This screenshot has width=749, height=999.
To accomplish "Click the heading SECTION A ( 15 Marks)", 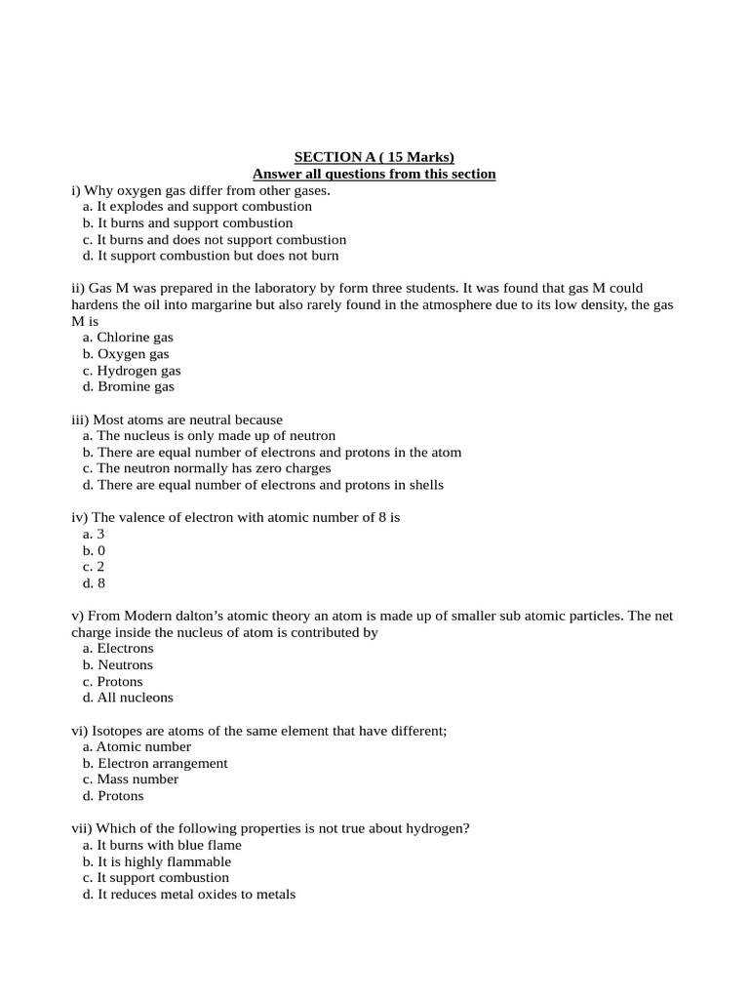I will pyautogui.click(x=374, y=157).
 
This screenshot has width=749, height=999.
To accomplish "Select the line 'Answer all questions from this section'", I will pyautogui.click(x=374, y=174).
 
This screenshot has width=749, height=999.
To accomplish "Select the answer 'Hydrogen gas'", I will pyautogui.click(x=138, y=371).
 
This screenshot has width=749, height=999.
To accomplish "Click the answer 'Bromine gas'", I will pyautogui.click(x=136, y=386).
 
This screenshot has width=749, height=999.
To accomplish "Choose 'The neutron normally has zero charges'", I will pyautogui.click(x=214, y=468).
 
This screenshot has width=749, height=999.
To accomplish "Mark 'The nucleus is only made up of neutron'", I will pyautogui.click(x=216, y=436).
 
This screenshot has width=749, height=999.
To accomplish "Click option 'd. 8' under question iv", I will pyautogui.click(x=95, y=583).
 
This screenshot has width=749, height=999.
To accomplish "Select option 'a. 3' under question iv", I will pyautogui.click(x=95, y=535).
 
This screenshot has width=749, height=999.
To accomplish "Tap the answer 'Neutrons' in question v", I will pyautogui.click(x=125, y=665).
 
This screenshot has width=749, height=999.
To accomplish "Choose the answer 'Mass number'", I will pyautogui.click(x=138, y=779).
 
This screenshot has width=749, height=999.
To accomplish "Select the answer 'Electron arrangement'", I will pyautogui.click(x=162, y=763).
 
